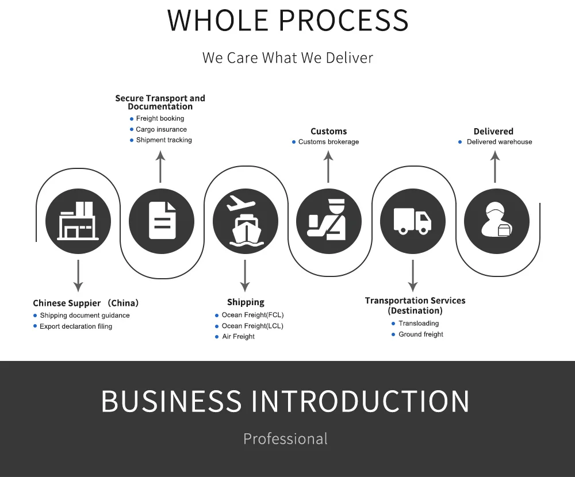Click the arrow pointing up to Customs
[328, 167]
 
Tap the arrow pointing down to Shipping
[245, 275]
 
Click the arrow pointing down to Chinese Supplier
[78, 275]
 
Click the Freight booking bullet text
[160, 118]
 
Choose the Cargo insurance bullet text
[161, 129]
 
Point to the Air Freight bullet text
[238, 337]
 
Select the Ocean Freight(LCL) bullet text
[252, 326]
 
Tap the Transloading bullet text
[418, 324]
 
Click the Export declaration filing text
[76, 326]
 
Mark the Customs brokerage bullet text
[328, 142]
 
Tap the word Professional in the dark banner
[285, 438]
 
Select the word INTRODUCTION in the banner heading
[361, 401]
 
